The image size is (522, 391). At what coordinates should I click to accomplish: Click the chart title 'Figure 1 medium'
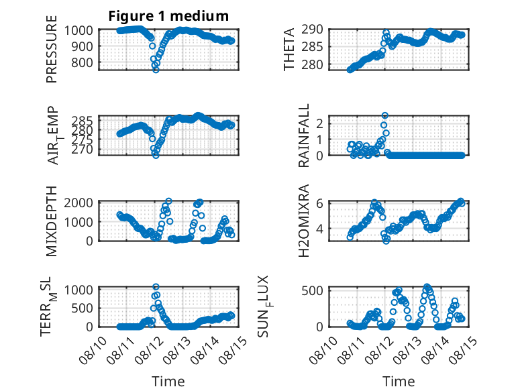pyautogui.click(x=168, y=16)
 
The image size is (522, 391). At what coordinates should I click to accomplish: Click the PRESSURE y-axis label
pyautogui.click(x=52, y=49)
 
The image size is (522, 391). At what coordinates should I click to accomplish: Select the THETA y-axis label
pyautogui.click(x=289, y=49)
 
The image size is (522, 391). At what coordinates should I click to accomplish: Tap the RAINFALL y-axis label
pyautogui.click(x=304, y=135)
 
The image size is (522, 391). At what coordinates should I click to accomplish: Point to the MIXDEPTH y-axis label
pyautogui.click(x=52, y=221)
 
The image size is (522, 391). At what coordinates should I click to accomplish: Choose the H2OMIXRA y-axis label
pyautogui.click(x=304, y=221)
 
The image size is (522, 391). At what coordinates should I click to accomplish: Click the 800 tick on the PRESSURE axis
pyautogui.click(x=82, y=62)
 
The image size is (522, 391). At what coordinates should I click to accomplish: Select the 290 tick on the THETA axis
pyautogui.click(x=312, y=30)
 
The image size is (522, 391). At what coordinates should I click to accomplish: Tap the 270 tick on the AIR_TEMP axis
pyautogui.click(x=82, y=150)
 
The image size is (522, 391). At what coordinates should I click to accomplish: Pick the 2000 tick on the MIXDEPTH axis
pyautogui.click(x=79, y=203)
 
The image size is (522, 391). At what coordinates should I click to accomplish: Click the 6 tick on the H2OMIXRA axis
pyautogui.click(x=319, y=203)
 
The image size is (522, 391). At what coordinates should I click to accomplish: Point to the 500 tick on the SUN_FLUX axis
pyautogui.click(x=312, y=290)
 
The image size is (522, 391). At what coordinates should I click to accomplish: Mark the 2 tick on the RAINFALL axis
pyautogui.click(x=319, y=124)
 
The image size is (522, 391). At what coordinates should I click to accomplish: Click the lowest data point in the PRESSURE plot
pyautogui.click(x=156, y=70)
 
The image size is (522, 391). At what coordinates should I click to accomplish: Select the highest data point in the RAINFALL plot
pyautogui.click(x=385, y=115)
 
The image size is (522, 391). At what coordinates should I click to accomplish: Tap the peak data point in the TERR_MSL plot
pyautogui.click(x=156, y=286)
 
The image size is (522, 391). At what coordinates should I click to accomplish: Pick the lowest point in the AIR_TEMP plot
pyautogui.click(x=156, y=155)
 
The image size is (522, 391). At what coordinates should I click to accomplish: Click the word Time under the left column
pyautogui.click(x=168, y=382)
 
